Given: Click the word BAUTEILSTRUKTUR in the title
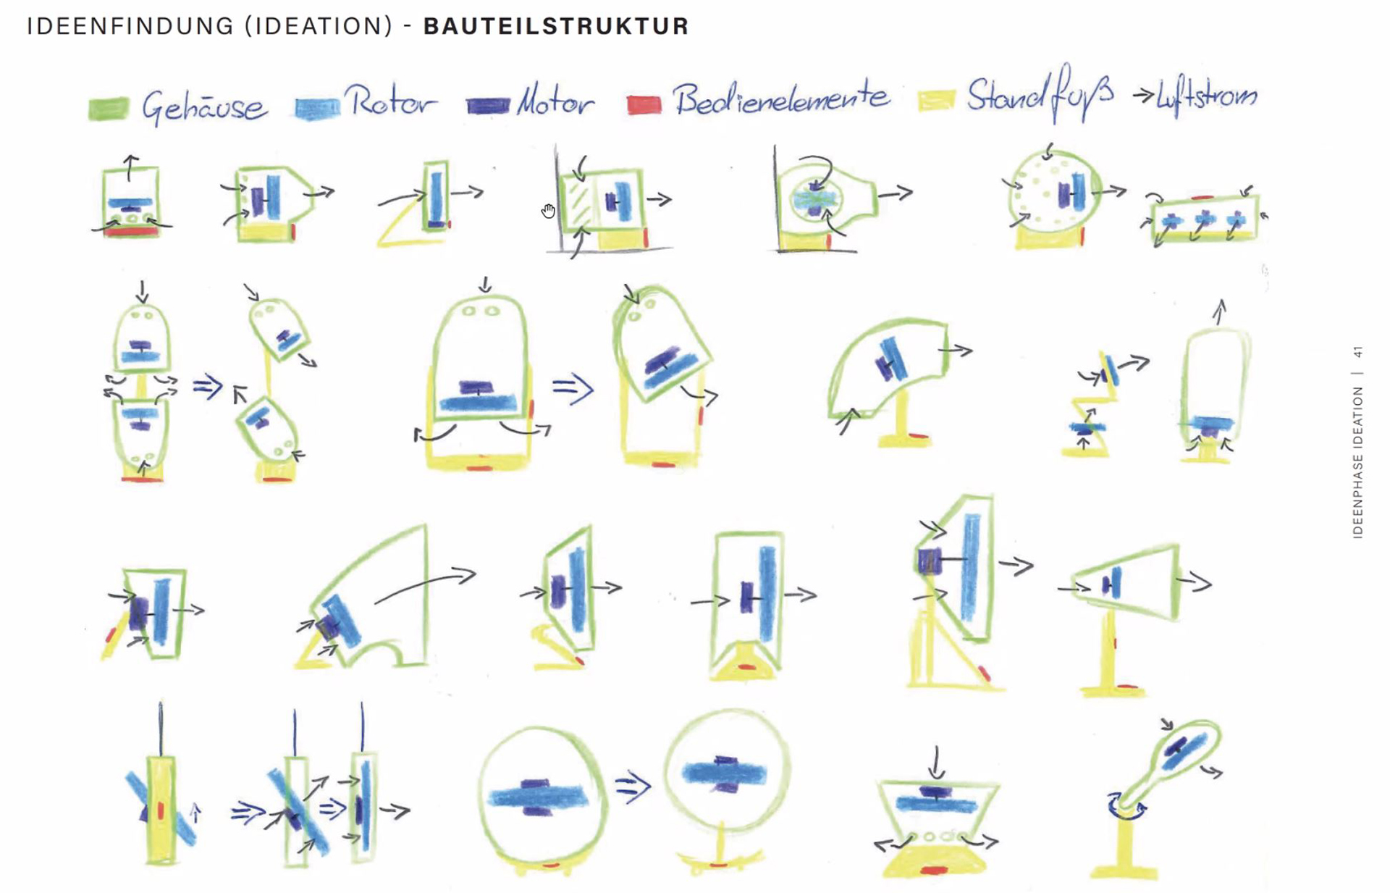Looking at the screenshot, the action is tap(556, 26).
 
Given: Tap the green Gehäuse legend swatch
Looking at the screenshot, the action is tap(109, 108).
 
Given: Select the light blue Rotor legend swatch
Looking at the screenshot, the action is tap(317, 108).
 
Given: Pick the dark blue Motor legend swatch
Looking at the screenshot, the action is tap(488, 106).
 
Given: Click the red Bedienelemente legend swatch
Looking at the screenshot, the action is tap(644, 105).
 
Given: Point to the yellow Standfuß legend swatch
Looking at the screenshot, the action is tap(936, 100).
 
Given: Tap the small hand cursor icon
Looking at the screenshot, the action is tap(548, 211).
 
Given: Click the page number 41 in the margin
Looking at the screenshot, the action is tap(1357, 352).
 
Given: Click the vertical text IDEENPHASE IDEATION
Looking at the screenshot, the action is tap(1357, 462).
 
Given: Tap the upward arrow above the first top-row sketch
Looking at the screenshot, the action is tap(130, 167).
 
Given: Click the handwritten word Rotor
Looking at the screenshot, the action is tap(391, 101).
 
